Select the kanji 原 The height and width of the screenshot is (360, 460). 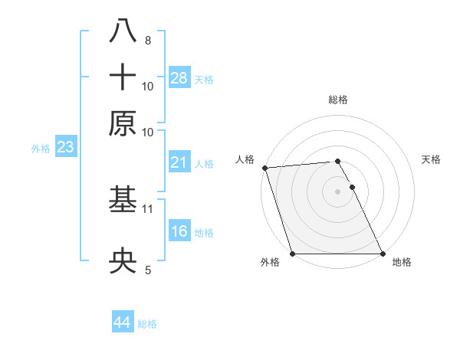pos(123,123)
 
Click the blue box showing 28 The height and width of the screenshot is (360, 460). pos(179,78)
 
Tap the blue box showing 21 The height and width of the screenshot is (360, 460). pos(179,162)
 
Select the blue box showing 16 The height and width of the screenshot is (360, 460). pos(179,231)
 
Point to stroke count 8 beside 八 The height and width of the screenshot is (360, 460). pos(147,40)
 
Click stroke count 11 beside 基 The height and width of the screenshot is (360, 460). pos(148,208)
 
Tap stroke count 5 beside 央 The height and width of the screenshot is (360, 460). pos(147,270)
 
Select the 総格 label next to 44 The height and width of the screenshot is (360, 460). pos(147,324)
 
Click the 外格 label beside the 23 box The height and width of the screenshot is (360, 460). pos(41,149)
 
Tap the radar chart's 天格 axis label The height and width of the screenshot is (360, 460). pos(432,159)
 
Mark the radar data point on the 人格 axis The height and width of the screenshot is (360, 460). pos(264,168)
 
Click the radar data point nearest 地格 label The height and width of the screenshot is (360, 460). pos(382,254)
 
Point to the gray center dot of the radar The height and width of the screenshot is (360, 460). pos(337,191)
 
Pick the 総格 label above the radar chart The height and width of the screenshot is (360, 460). pos(338,100)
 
